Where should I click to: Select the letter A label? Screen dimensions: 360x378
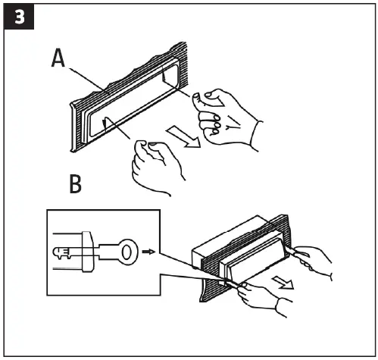60,58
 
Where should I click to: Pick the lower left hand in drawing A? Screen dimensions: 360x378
156,162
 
